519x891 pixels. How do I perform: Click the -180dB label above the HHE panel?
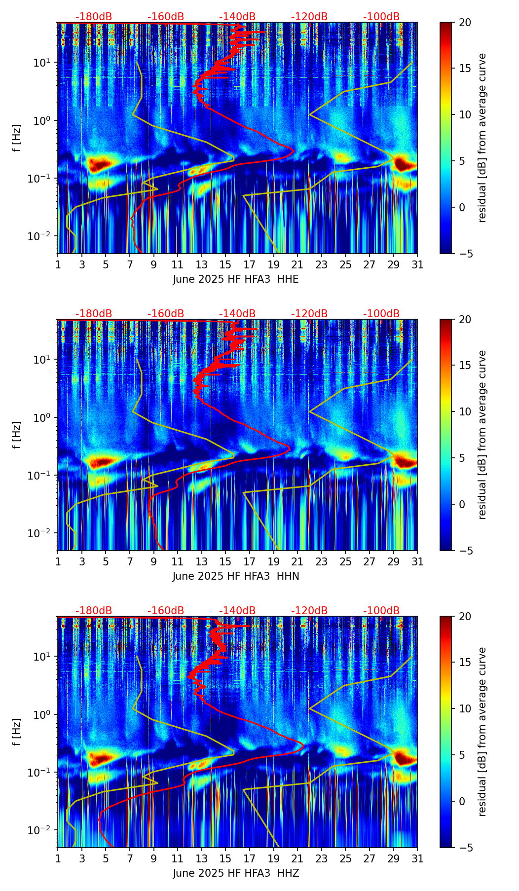coord(94,17)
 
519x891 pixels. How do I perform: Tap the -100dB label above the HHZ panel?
coord(381,611)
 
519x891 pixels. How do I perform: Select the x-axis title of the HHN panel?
coord(236,576)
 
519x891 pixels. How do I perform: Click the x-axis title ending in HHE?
coord(236,279)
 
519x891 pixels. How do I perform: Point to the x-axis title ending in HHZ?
coord(236,873)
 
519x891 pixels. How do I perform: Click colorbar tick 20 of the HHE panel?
coord(465,23)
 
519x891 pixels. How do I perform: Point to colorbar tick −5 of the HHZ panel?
coord(465,848)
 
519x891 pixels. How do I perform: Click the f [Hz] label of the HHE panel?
coord(17,138)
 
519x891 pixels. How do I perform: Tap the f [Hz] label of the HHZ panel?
coord(17,732)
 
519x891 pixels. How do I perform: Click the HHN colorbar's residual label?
coord(482,435)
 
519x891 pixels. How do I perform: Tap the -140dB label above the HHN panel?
coord(237,314)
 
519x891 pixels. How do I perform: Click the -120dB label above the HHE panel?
coord(309,17)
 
